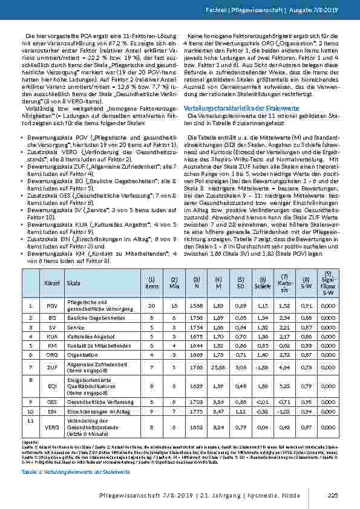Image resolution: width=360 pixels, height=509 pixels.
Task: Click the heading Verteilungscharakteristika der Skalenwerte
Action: pos(235,107)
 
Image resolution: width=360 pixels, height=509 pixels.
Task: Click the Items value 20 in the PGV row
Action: pos(151,306)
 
